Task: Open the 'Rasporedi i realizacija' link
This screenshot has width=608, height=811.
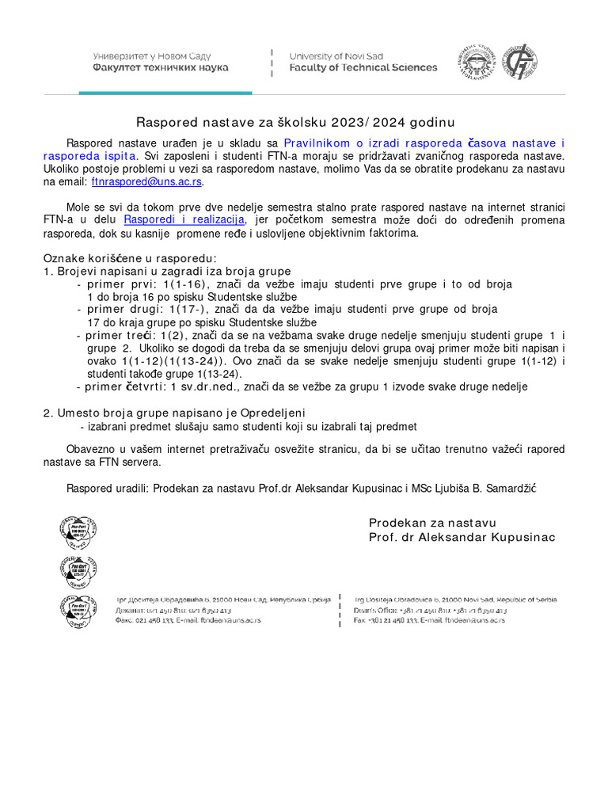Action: (x=184, y=219)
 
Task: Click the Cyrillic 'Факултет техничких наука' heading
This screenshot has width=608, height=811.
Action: (x=161, y=68)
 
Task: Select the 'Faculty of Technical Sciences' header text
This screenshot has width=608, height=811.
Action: (x=363, y=68)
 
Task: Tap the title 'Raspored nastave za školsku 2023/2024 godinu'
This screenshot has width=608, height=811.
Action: (x=296, y=122)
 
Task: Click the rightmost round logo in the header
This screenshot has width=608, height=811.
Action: (x=522, y=62)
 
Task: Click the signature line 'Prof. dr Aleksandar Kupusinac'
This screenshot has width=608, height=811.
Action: (x=462, y=538)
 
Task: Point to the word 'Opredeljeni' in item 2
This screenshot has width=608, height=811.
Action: (x=269, y=413)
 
